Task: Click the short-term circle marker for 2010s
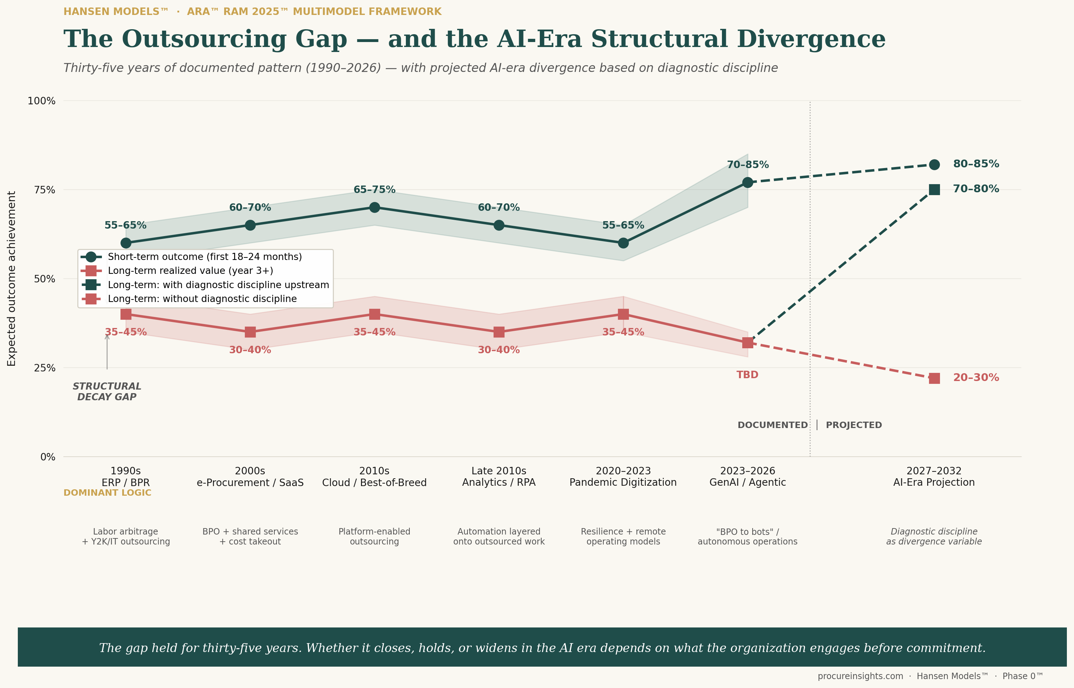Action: point(375,207)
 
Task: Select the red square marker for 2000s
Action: point(250,332)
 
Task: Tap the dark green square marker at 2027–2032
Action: point(934,189)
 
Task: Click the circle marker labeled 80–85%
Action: point(934,165)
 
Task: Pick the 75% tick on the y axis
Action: point(45,190)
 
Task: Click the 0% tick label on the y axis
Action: point(48,457)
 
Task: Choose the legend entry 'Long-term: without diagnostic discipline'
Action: point(189,299)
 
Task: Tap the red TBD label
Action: point(747,375)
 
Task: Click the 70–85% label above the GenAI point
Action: point(748,165)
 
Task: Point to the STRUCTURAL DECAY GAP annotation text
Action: point(107,391)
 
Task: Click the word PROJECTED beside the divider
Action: point(854,425)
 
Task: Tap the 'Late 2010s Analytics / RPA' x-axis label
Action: point(499,477)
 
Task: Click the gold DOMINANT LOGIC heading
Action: point(107,493)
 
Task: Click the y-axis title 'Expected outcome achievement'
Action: point(12,279)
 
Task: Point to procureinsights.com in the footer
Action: point(860,676)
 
